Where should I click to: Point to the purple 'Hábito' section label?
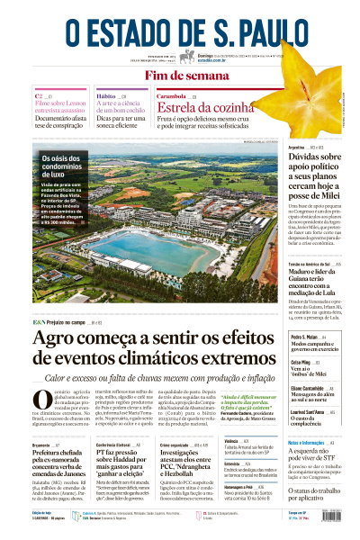click(106, 94)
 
